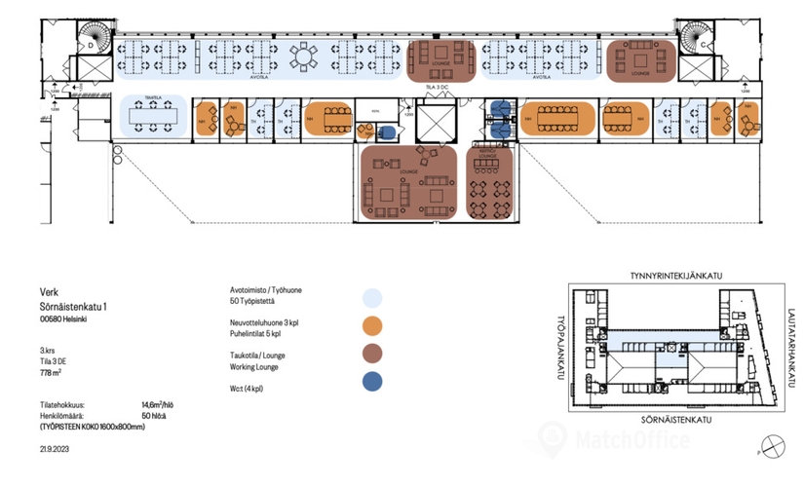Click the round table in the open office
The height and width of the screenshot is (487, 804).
coord(307,58)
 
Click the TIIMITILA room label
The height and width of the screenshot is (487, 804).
coord(152,98)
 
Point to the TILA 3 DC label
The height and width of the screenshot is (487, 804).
coord(438,89)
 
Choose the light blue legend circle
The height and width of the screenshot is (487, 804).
coord(370,298)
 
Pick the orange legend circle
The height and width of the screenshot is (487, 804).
coord(370,325)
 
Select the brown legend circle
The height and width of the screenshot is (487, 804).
coord(370,353)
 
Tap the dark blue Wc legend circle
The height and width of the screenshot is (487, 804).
coord(370,380)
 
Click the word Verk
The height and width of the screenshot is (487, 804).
coord(49,289)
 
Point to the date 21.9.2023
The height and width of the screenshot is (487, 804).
coord(58,448)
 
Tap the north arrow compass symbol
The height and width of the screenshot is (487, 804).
coord(772,447)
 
